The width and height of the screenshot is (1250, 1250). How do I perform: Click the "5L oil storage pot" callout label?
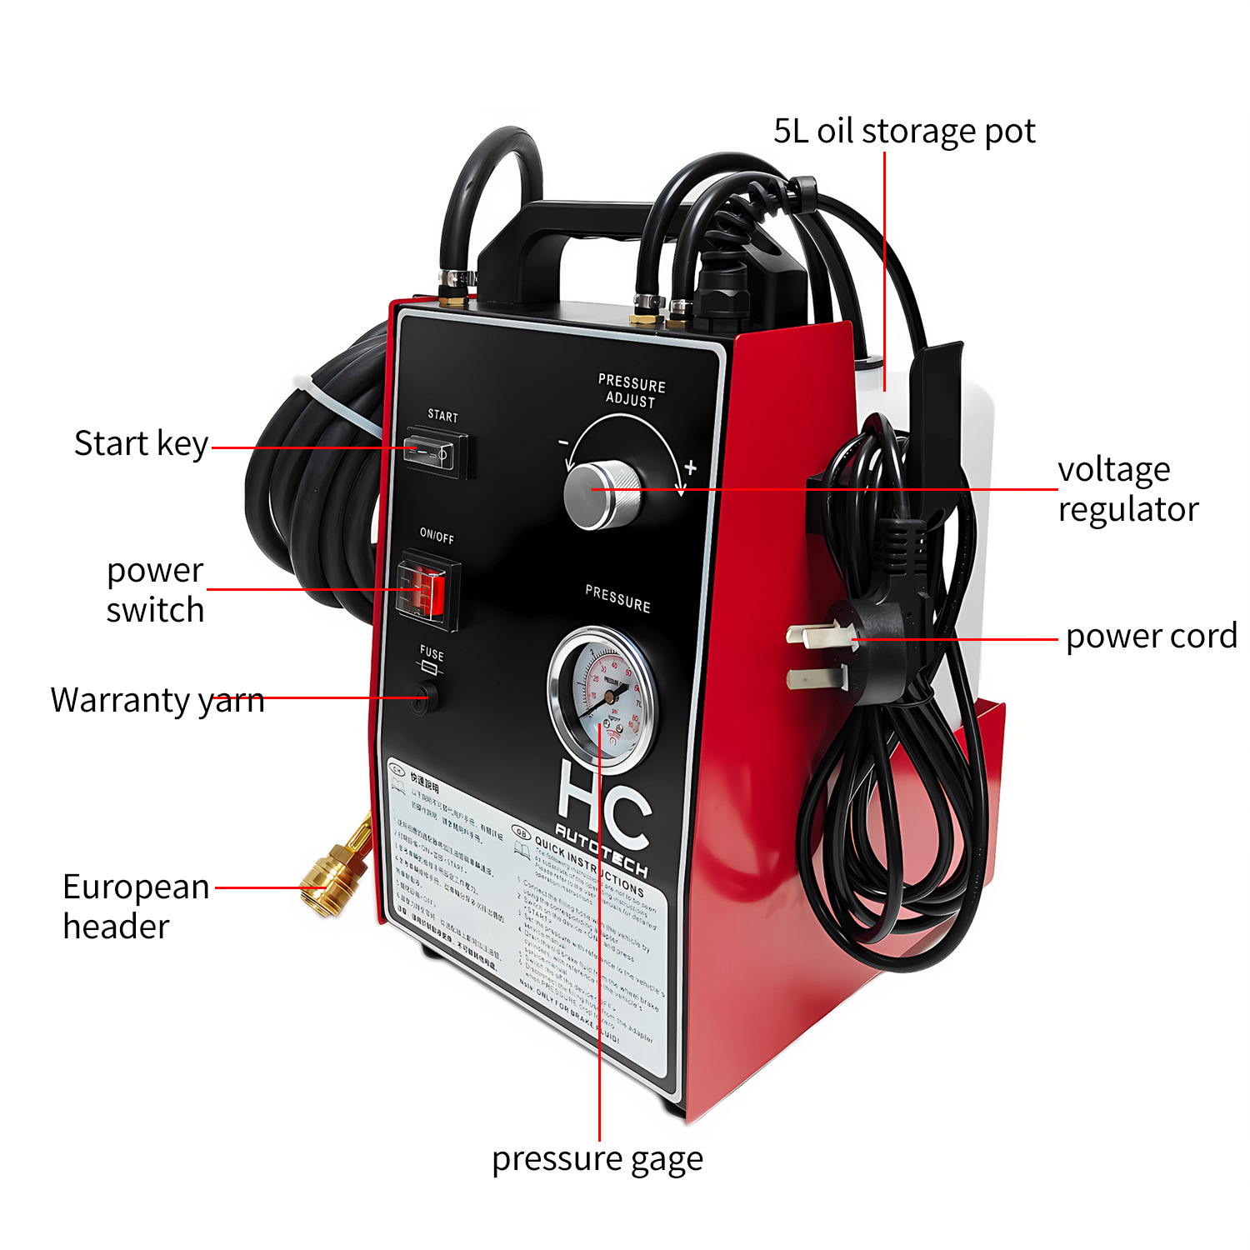pyautogui.click(x=904, y=132)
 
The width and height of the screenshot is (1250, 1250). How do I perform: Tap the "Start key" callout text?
pyautogui.click(x=141, y=443)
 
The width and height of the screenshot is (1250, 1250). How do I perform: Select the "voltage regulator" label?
pyautogui.click(x=1127, y=489)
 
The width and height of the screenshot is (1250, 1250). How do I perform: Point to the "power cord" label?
pyautogui.click(x=1151, y=637)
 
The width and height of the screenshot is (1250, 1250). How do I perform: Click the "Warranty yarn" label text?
pyautogui.click(x=157, y=700)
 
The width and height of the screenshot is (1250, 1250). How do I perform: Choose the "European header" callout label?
pyautogui.click(x=135, y=907)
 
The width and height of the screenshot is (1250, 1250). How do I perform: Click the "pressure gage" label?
pyautogui.click(x=597, y=1159)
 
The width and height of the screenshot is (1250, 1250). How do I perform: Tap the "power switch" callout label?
pyautogui.click(x=155, y=590)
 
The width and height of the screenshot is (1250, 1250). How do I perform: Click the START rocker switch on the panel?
pyautogui.click(x=432, y=452)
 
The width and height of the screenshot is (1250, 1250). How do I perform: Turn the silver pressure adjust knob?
pyautogui.click(x=601, y=494)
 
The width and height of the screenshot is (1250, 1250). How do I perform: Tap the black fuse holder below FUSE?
pyautogui.click(x=424, y=698)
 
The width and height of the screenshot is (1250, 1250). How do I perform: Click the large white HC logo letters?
pyautogui.click(x=602, y=800)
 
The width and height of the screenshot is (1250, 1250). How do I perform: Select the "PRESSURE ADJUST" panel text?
pyautogui.click(x=632, y=391)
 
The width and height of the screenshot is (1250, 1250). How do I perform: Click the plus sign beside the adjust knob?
pyautogui.click(x=690, y=467)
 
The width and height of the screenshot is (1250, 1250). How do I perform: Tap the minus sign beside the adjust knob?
pyautogui.click(x=563, y=442)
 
